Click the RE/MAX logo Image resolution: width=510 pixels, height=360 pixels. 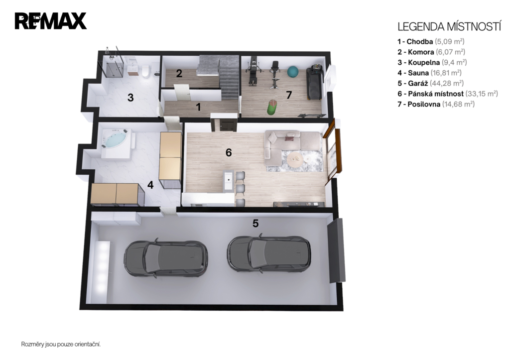pyautogui.click(x=50, y=21)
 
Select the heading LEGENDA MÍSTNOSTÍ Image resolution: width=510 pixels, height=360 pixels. pyautogui.click(x=449, y=27)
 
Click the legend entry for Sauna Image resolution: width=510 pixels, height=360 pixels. pyautogui.click(x=429, y=73)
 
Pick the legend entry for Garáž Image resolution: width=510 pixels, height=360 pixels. pyautogui.click(x=431, y=83)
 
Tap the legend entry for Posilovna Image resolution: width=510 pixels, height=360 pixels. pyautogui.click(x=436, y=104)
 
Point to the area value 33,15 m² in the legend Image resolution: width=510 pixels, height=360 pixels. pyautogui.click(x=482, y=94)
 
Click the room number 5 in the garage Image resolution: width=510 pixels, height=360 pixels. pyautogui.click(x=255, y=224)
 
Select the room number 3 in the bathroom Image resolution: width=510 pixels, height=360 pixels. pyautogui.click(x=130, y=98)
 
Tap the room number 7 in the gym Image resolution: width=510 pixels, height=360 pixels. pyautogui.click(x=289, y=95)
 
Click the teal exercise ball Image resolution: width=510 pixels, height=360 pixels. pyautogui.click(x=293, y=72)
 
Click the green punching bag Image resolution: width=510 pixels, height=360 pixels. pyautogui.click(x=271, y=108)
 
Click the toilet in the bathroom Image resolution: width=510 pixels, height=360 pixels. pyautogui.click(x=145, y=71)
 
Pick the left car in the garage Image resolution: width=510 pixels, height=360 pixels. pyautogui.click(x=165, y=258)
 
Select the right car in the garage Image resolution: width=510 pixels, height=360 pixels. pyautogui.click(x=269, y=254)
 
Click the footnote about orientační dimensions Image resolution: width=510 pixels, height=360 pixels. pyautogui.click(x=61, y=344)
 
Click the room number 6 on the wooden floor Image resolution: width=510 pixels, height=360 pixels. pyautogui.click(x=229, y=152)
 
